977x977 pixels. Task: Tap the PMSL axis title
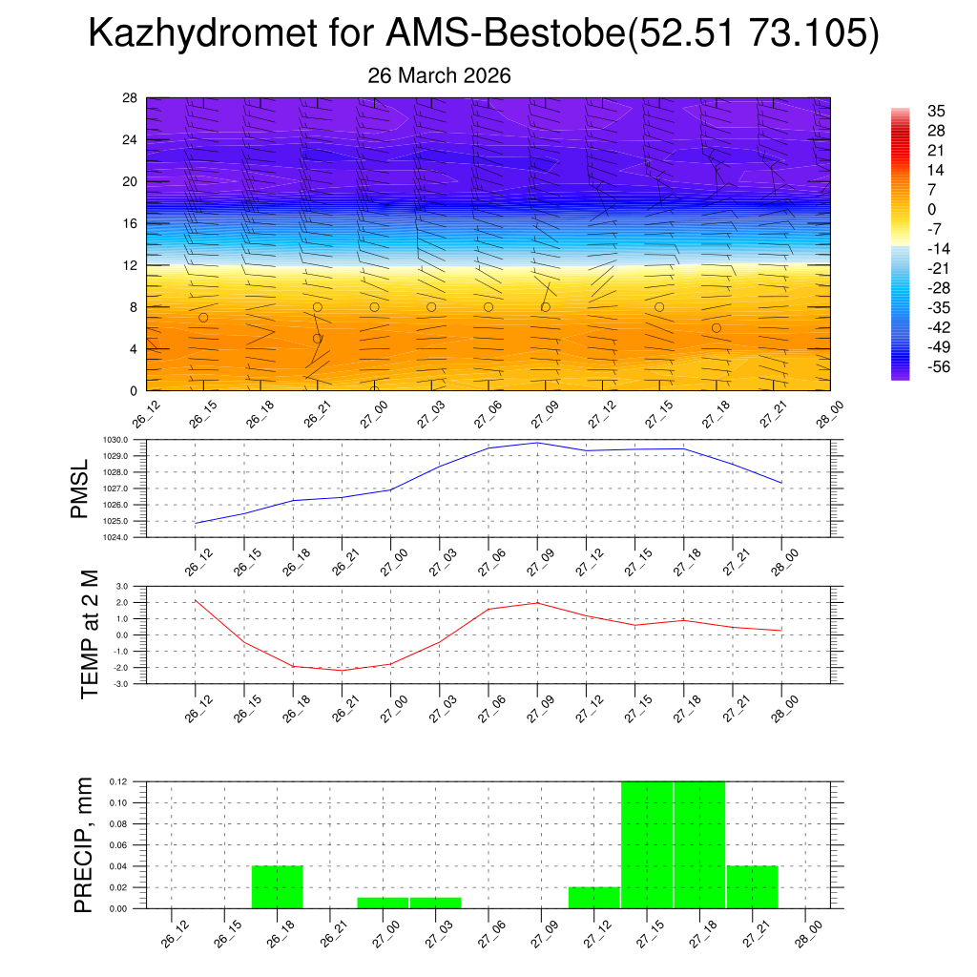tap(83, 488)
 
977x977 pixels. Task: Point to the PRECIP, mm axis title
tap(83, 844)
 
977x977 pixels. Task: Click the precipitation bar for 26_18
tap(277, 887)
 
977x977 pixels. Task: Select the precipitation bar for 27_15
tap(647, 845)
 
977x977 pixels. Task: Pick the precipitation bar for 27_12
tap(593, 898)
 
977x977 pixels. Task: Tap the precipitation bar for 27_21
tap(752, 887)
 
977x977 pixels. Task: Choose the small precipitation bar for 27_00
tap(383, 903)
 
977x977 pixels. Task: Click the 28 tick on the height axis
tap(130, 98)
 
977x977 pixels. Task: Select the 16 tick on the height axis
tap(130, 223)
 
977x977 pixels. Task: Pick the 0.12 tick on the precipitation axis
tap(118, 781)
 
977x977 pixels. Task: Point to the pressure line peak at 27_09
tap(537, 443)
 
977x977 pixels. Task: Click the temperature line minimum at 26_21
tap(343, 671)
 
